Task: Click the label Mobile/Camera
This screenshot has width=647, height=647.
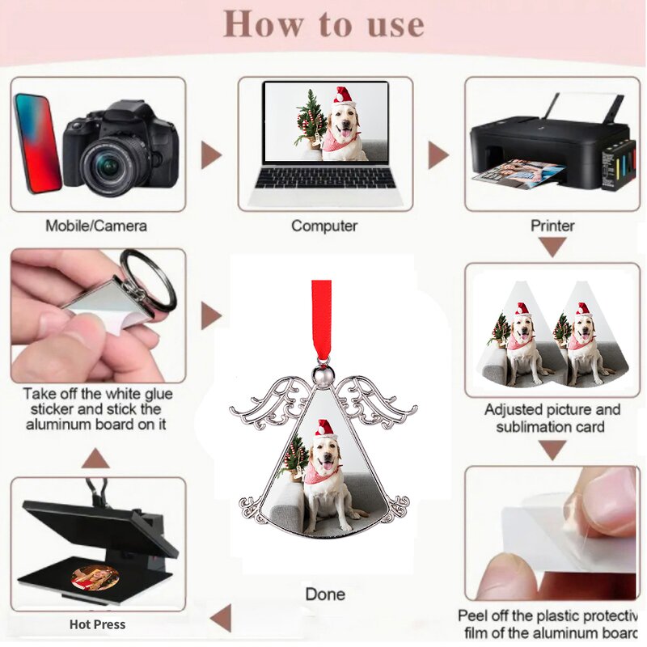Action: [x=96, y=226]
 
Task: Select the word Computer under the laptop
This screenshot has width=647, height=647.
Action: [x=324, y=226]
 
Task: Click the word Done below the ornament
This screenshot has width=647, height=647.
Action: [x=325, y=594]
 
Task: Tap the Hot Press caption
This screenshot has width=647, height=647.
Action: [x=97, y=624]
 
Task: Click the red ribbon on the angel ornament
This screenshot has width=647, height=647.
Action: [x=322, y=319]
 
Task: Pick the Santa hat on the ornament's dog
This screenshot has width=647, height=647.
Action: [x=325, y=429]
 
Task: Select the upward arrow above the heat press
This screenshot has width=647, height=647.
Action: [x=96, y=459]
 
